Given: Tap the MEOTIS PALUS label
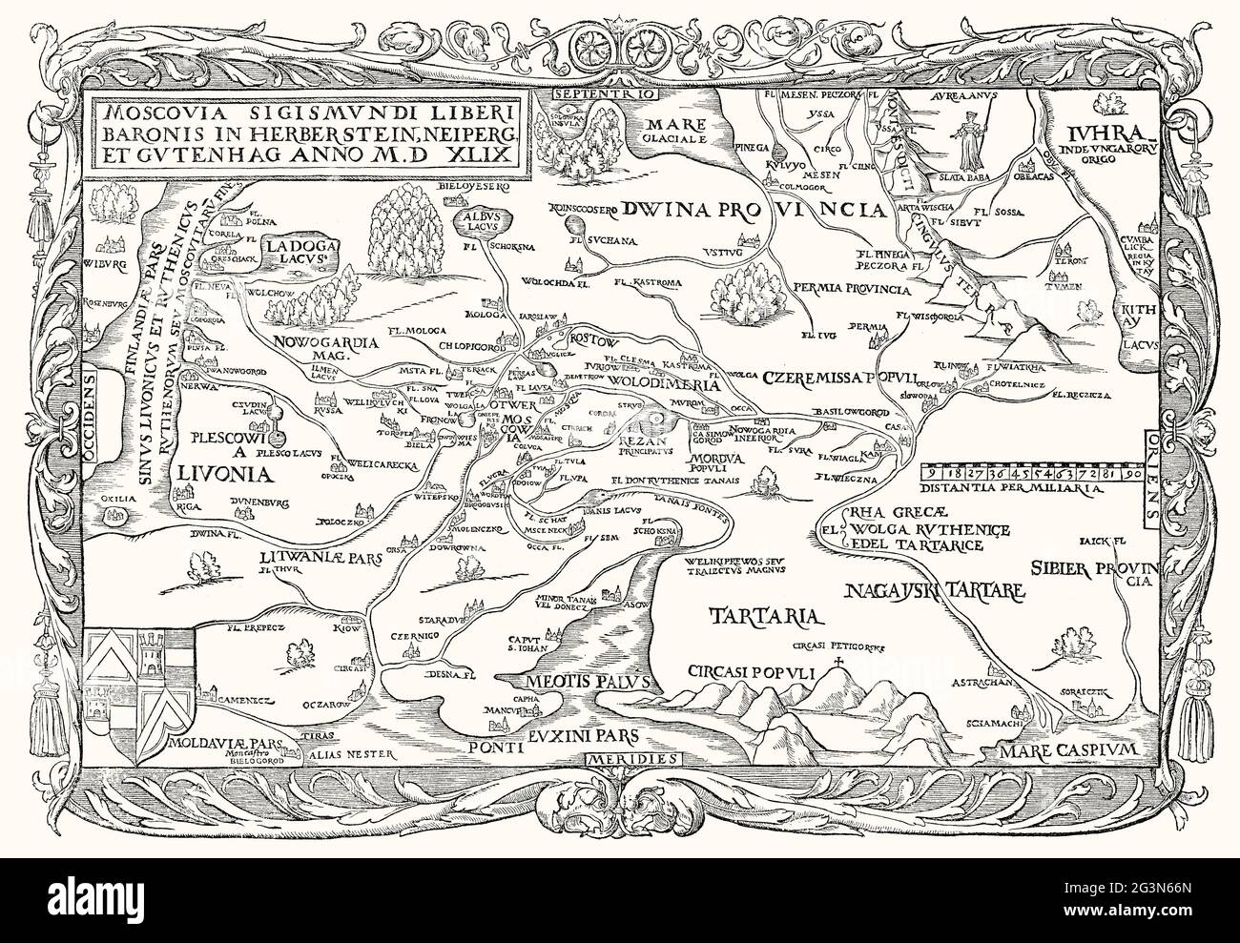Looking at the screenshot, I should click(588, 682).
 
